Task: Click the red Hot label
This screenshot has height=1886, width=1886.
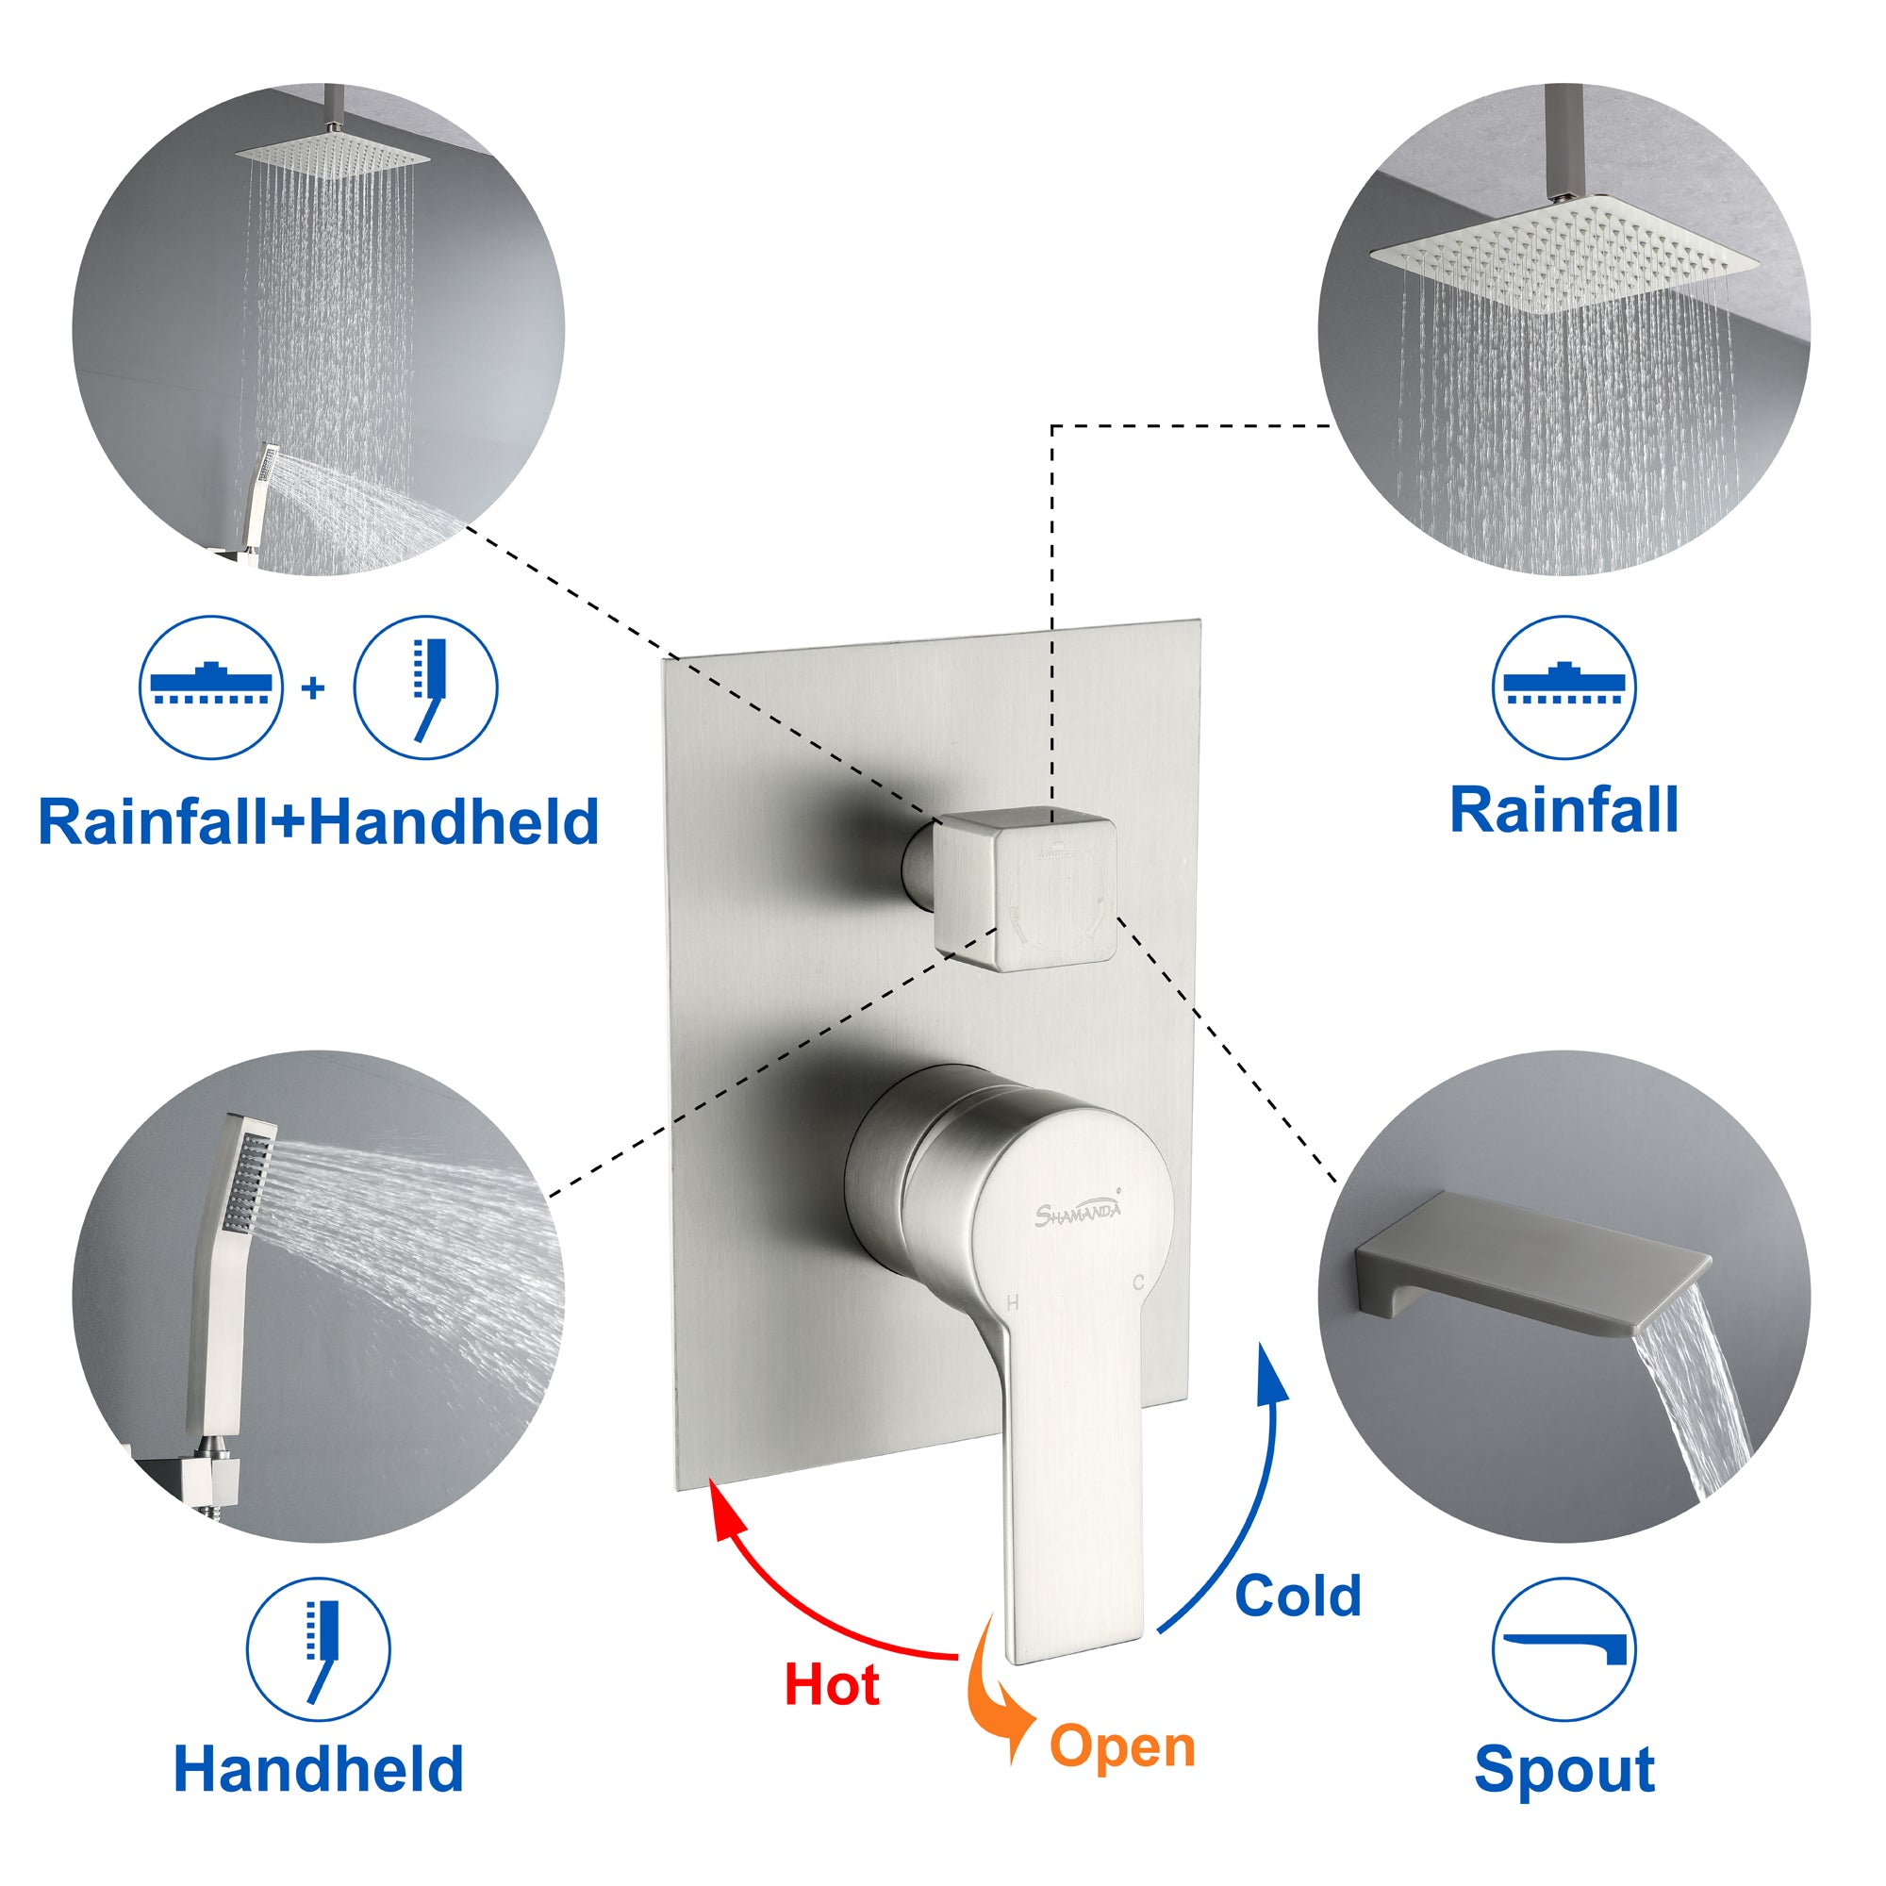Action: (832, 1685)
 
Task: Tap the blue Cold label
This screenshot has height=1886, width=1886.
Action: (1298, 1596)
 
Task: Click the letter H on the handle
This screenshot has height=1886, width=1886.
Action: (1012, 1302)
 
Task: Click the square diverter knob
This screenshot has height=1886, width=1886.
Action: (1024, 888)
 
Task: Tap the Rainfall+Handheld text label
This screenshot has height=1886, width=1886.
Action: (318, 821)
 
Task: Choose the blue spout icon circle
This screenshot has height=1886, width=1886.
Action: (1563, 1649)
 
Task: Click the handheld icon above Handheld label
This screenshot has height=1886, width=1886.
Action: (318, 1649)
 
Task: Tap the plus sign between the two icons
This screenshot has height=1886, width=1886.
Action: (313, 688)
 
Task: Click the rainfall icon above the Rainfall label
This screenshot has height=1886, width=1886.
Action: (1563, 687)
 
